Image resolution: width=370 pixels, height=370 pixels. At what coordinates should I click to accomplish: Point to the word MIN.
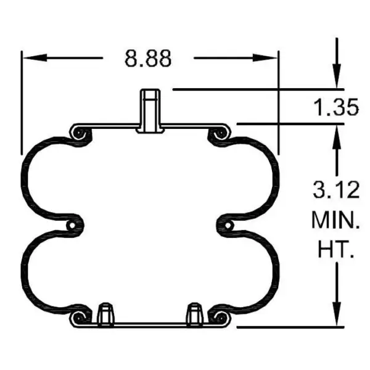(335, 220)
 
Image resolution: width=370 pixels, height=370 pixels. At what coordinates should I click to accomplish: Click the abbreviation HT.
(335, 249)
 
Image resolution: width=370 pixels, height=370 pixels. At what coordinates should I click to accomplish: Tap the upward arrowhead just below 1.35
(337, 133)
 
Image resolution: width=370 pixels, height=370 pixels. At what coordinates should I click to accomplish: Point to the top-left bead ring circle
(78, 133)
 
